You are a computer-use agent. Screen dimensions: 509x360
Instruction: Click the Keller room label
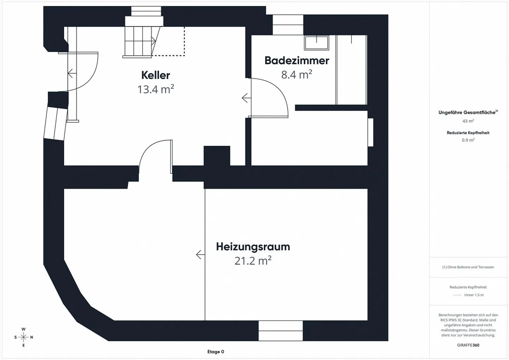coord(156,75)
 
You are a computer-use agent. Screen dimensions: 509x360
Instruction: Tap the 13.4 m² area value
coord(156,89)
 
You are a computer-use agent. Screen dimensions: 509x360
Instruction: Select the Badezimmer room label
coord(297,61)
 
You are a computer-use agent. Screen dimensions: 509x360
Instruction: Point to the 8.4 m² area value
coord(297,75)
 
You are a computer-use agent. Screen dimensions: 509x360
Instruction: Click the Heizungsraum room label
coord(253,247)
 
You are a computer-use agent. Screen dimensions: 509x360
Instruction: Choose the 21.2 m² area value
coord(253,260)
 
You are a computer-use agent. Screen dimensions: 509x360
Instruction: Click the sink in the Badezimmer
coord(317,42)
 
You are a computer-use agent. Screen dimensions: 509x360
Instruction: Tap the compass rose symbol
coord(23,337)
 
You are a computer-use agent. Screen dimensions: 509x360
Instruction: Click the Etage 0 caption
coord(216,352)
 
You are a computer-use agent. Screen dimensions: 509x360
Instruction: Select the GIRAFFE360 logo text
coord(468,345)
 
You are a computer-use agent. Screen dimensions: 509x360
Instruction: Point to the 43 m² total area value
coord(468,121)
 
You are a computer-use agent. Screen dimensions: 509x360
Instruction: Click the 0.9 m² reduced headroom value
coord(468,140)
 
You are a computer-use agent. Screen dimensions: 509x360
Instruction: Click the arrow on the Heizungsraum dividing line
coord(200,255)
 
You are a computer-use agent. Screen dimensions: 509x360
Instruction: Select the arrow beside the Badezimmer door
coord(246,98)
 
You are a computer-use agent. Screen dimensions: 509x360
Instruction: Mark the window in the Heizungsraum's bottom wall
coord(281,331)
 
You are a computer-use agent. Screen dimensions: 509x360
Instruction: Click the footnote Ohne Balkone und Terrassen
coord(468,267)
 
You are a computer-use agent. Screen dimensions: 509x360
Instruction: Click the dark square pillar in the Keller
coord(217,156)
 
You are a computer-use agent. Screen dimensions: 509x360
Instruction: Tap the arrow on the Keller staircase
coord(154,41)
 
